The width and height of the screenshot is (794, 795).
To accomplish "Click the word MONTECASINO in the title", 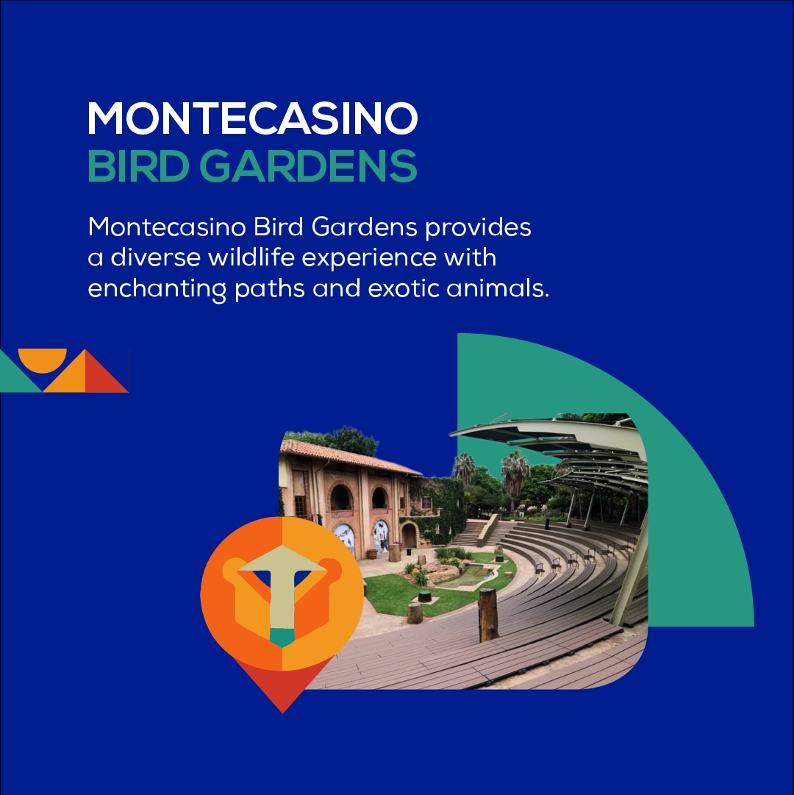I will tap(252, 118).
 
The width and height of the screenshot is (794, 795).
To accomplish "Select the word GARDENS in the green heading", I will tap(309, 167).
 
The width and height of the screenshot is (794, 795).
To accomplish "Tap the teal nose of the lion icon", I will tap(282, 638).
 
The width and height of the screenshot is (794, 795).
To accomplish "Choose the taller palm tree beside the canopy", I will tap(515, 474).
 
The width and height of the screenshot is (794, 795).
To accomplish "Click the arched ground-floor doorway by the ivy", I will tap(409, 535).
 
